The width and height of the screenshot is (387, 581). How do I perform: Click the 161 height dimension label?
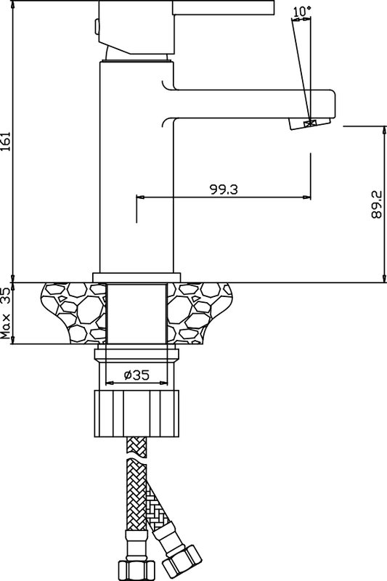click(5, 142)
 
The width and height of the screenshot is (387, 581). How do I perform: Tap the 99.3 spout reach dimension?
click(224, 190)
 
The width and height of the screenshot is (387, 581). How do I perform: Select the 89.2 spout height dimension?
click(376, 204)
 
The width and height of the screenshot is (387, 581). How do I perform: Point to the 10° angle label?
click(302, 12)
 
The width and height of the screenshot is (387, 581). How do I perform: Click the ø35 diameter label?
click(137, 375)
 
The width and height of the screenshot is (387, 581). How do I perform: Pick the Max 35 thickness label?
click(5, 314)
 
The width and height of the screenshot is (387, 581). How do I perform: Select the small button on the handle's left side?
click(97, 27)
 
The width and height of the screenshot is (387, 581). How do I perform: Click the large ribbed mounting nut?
click(137, 413)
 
